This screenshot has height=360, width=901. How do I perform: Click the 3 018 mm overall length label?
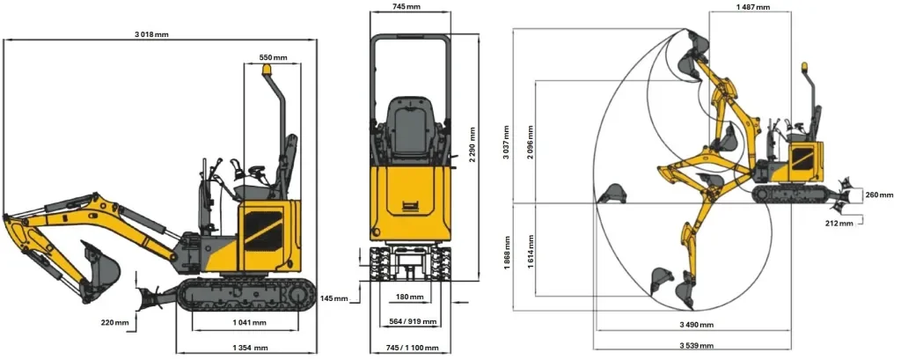(151, 34)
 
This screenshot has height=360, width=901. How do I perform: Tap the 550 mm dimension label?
(273, 57)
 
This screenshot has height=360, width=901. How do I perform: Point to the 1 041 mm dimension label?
(249, 323)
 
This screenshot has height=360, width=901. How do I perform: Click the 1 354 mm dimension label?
(250, 348)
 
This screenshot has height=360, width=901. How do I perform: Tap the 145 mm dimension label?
(333, 298)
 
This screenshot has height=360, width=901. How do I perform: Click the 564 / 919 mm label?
(410, 321)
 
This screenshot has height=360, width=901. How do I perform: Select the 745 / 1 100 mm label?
(412, 348)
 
